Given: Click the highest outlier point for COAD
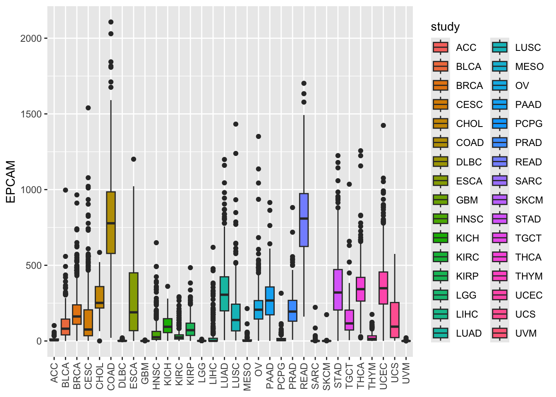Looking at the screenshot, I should tap(111, 22).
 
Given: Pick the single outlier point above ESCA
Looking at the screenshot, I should tap(134, 159).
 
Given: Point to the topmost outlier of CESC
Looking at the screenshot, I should tap(88, 108).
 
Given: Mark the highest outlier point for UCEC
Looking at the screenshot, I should tap(383, 125).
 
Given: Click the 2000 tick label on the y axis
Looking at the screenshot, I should tap(31, 38).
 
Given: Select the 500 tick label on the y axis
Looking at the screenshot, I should tap(34, 265).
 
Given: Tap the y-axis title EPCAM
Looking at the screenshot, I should tap(11, 182).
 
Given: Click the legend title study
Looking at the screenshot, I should tap(445, 27).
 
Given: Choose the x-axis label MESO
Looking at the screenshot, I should tap(247, 377).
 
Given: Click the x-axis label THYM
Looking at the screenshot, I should tap(372, 376).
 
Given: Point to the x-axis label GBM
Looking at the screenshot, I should tap(145, 374).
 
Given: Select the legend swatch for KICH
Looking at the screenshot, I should tap(441, 238).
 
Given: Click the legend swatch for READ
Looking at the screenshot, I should tap(500, 162).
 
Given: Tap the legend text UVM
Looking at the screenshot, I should tap(526, 333).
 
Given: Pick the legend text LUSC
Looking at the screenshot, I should tap(528, 48).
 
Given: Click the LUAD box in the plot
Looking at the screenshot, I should tap(224, 294).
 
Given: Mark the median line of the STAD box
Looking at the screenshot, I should tap(338, 292).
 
